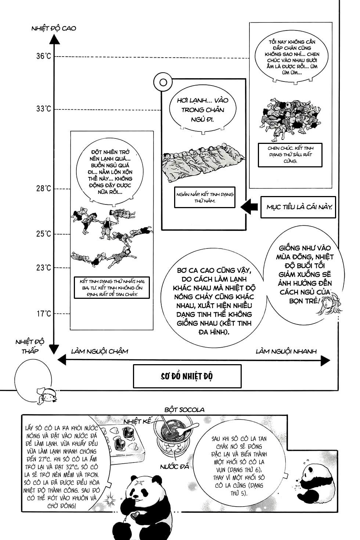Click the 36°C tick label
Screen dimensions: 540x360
click(x=43, y=56)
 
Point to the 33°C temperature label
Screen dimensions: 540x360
click(x=43, y=109)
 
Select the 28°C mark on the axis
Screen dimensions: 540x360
click(x=43, y=189)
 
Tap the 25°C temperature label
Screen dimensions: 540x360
click(x=43, y=234)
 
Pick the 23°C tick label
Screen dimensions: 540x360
click(x=43, y=268)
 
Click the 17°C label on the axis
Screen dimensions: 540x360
click(x=43, y=314)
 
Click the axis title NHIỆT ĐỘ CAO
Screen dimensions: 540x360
click(x=54, y=28)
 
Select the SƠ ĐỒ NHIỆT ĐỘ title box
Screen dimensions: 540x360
click(x=187, y=376)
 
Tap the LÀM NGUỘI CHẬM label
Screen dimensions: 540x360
click(x=100, y=351)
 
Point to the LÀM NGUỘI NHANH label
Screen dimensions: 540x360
click(x=286, y=351)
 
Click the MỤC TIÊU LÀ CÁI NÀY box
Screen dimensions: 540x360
click(x=299, y=207)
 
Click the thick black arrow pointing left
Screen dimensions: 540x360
click(x=249, y=207)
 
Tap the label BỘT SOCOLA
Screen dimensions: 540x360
click(x=184, y=410)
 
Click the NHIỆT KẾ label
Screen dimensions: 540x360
click(x=137, y=421)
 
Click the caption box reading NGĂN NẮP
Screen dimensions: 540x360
click(x=205, y=197)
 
